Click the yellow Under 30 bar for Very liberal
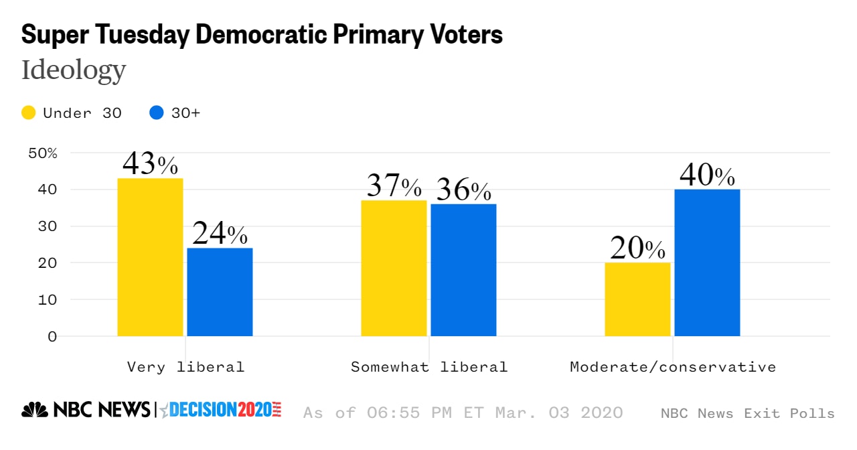(x=150, y=257)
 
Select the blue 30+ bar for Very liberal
(x=220, y=292)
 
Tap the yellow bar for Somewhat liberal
(x=394, y=268)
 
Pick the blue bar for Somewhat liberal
(x=463, y=270)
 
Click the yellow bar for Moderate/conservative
(x=637, y=299)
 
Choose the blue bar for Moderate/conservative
(x=707, y=262)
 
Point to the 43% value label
(x=150, y=163)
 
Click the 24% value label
(x=220, y=234)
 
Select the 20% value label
(x=637, y=248)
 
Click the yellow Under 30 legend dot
(x=28, y=113)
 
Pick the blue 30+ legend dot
(x=157, y=113)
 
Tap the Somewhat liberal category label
(x=429, y=367)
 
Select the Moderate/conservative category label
(x=673, y=367)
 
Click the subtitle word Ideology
(x=74, y=70)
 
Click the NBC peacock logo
(x=35, y=410)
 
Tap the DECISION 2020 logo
(x=224, y=410)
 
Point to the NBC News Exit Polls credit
(x=747, y=413)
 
